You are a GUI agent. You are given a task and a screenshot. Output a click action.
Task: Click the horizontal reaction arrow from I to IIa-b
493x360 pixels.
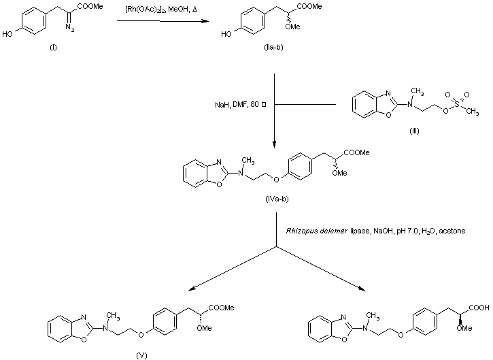[x=170, y=21]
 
